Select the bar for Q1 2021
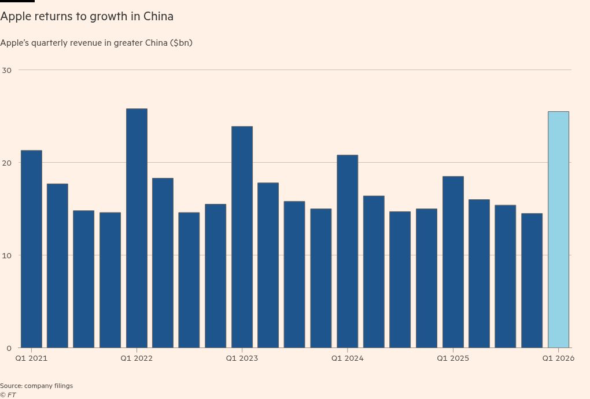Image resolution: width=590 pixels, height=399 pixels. (x=31, y=249)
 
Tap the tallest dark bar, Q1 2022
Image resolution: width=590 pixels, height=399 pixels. (x=137, y=228)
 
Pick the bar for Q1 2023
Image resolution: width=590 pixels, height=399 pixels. (x=242, y=237)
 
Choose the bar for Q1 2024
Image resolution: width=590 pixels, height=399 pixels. (x=347, y=251)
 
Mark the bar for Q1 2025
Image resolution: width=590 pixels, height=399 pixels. (x=453, y=262)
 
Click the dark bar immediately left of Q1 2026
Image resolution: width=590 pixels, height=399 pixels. (x=532, y=280)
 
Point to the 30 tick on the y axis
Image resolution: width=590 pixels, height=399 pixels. (x=7, y=70)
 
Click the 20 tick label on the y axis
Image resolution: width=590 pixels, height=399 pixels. (x=7, y=163)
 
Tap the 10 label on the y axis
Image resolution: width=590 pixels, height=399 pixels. (x=7, y=255)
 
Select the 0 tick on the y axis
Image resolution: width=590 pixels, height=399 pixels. (x=9, y=348)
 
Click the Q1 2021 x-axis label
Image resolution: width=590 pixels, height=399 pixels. (x=31, y=358)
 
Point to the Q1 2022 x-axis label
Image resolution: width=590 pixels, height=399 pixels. (x=137, y=358)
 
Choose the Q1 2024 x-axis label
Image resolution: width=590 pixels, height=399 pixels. (x=347, y=358)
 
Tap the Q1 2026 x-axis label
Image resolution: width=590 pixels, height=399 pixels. (x=558, y=358)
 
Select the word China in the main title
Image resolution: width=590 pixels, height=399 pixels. (x=158, y=16)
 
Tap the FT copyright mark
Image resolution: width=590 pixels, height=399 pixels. (x=8, y=395)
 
